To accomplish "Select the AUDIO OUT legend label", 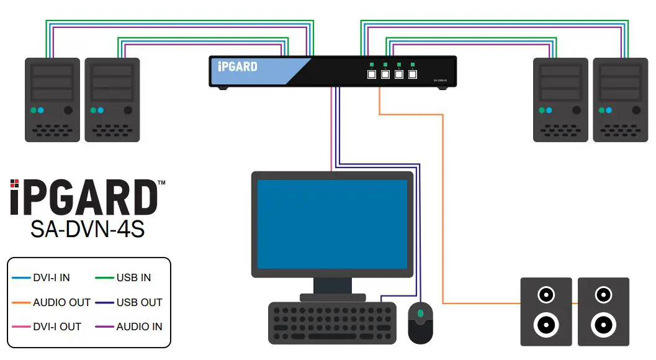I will coord(61,302).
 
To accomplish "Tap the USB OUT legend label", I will coord(139,302).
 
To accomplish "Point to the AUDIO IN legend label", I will coord(139,326).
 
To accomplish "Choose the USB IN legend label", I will coord(133,277).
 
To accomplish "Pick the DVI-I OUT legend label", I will coord(57,326).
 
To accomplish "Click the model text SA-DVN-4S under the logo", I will coord(88,229).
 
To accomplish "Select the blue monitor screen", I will coord(332,224).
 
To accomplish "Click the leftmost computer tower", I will coord(52,99).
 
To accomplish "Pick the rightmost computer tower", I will coord(620,99).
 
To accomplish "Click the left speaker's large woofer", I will coord(544,323).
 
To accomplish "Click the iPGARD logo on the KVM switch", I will coord(238,66).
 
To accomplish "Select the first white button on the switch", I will coord(371,74).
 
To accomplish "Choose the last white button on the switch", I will coord(412,74).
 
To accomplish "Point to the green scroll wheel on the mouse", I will coord(420,313).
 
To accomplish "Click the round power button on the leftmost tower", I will coord(68,110).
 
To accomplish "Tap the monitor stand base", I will coord(332,297).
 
